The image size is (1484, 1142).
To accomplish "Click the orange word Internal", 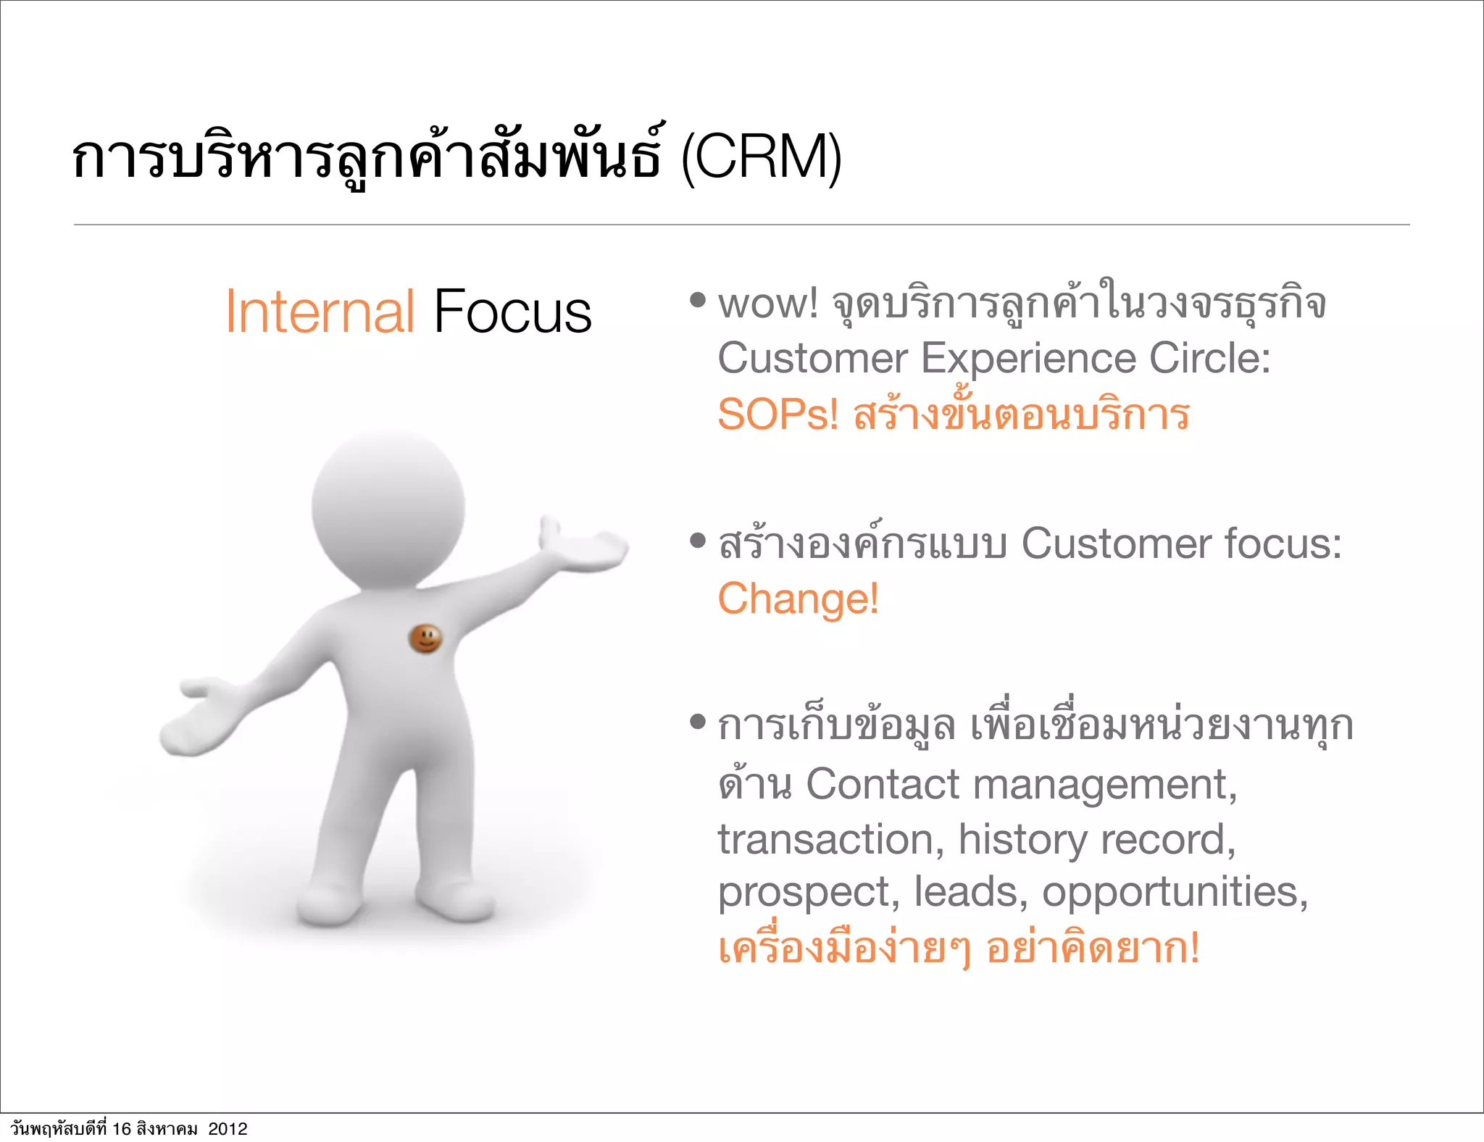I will coord(320,312).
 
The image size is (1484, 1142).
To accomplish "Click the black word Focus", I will coord(512,312).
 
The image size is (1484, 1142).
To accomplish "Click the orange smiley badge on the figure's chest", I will coord(425,638).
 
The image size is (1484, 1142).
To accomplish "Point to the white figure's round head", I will coord(388,507).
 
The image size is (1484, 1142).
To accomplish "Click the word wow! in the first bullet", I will coord(768,304).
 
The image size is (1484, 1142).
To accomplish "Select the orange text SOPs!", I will coord(778,415).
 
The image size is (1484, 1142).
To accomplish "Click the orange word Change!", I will coord(798,599).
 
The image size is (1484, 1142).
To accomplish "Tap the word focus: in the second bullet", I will coord(1283,543).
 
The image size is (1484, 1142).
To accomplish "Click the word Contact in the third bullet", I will coord(883,785).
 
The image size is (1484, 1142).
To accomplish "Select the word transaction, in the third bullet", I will coord(831,840).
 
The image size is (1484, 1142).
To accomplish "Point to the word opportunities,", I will coord(1175,892).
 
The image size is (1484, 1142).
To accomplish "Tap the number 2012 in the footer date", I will coord(228,1129).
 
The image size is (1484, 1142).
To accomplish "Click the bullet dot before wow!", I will coord(698,300).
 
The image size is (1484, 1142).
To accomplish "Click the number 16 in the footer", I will coord(122,1129).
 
